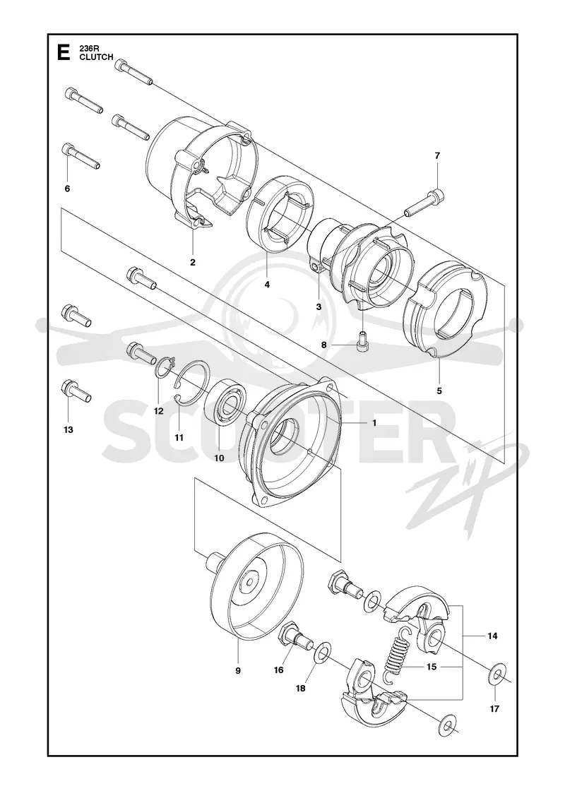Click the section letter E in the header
64,52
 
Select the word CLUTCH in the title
96,57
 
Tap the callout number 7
437,156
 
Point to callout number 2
193,262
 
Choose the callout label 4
267,285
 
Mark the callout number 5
439,391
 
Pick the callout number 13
68,430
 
